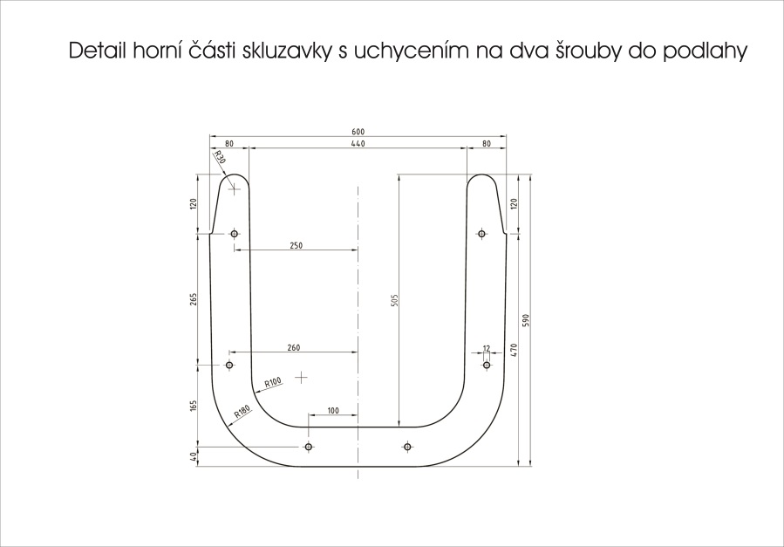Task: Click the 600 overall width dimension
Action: coord(358,132)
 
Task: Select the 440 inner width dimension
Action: coord(358,144)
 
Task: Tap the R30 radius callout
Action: coord(220,158)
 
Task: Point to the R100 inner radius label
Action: coord(273,383)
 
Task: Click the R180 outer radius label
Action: coord(242,412)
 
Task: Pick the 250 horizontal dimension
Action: coord(296,245)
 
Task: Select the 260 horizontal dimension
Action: coord(294,347)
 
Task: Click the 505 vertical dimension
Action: coord(393,300)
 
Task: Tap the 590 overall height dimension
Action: coord(525,320)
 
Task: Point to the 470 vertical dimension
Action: coord(515,350)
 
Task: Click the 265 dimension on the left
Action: coord(194,298)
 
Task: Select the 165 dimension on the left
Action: coord(194,405)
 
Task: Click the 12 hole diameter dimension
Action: coord(487,348)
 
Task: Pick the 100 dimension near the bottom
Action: coord(333,411)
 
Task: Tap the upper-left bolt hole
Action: coord(234,234)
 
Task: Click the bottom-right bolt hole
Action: coord(407,447)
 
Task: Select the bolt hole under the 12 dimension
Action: coord(487,365)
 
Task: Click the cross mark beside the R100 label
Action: coord(301,378)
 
